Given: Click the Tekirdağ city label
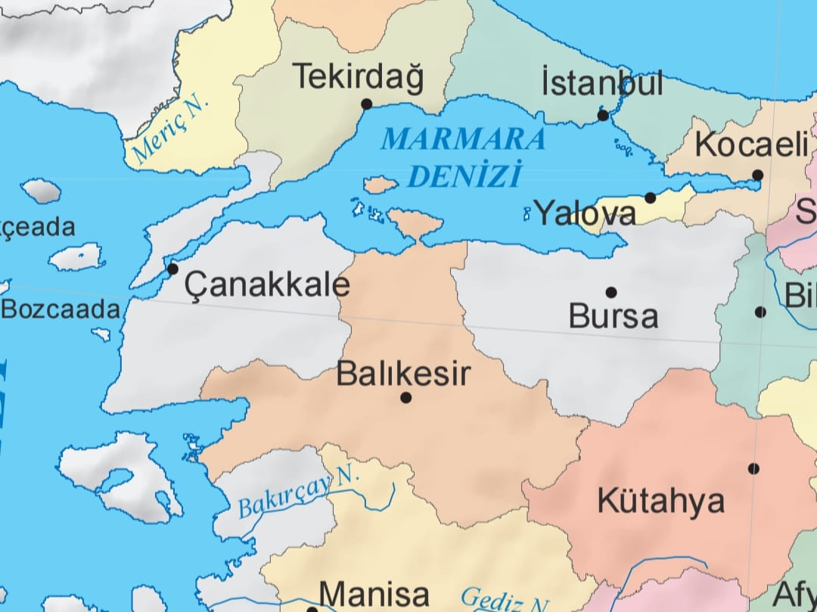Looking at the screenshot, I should pyautogui.click(x=358, y=77).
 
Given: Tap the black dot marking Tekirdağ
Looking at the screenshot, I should pyautogui.click(x=367, y=104).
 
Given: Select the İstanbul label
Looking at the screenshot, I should pyautogui.click(x=602, y=82).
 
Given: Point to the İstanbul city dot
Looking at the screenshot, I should pyautogui.click(x=603, y=116).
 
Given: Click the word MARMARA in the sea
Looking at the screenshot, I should pyautogui.click(x=463, y=139).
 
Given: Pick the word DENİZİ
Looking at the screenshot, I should pyautogui.click(x=464, y=176).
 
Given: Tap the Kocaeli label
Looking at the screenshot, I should pyautogui.click(x=751, y=144).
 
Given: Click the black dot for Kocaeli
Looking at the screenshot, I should pyautogui.click(x=757, y=175).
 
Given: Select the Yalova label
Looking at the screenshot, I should pyautogui.click(x=585, y=213).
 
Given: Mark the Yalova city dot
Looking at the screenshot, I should pyautogui.click(x=650, y=197).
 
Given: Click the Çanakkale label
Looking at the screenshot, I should pyautogui.click(x=268, y=284).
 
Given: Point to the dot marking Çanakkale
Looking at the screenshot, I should pyautogui.click(x=172, y=269).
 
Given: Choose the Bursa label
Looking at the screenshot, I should pyautogui.click(x=614, y=316).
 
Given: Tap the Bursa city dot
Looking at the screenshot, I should pyautogui.click(x=611, y=292).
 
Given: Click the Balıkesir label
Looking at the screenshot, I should pyautogui.click(x=403, y=374).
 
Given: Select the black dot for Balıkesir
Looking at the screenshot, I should pyautogui.click(x=406, y=397).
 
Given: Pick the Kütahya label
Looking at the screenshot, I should pyautogui.click(x=661, y=501).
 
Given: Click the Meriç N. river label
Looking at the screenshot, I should pyautogui.click(x=170, y=131).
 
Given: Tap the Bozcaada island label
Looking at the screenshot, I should pyautogui.click(x=61, y=309).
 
